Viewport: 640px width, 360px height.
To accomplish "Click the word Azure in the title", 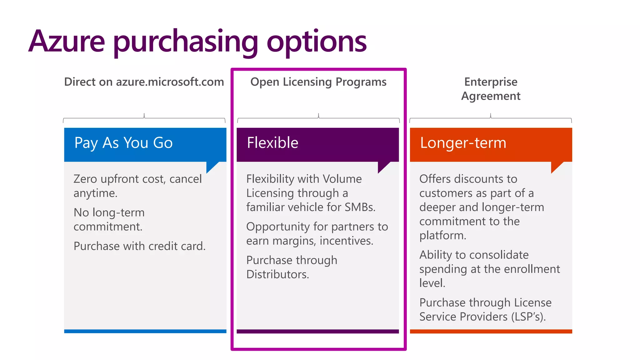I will [67, 41].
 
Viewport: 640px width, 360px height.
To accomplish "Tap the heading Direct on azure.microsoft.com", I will [144, 82].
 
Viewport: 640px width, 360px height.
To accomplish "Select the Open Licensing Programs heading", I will [318, 82].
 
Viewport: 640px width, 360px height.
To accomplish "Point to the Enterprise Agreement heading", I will [491, 89].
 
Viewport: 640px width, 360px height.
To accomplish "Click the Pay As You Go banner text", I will [123, 143].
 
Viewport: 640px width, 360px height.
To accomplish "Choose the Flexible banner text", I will [272, 143].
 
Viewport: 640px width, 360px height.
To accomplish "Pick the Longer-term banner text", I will [463, 143].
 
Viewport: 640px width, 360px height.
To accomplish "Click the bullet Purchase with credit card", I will [140, 246].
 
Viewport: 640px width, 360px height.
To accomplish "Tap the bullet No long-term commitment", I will [109, 219].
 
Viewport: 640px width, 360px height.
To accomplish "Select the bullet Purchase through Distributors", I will [292, 267].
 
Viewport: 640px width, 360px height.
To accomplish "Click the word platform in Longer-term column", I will [442, 235].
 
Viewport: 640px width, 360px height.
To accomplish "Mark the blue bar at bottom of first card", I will [145, 331].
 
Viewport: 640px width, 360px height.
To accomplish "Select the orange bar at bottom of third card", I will [491, 331].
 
